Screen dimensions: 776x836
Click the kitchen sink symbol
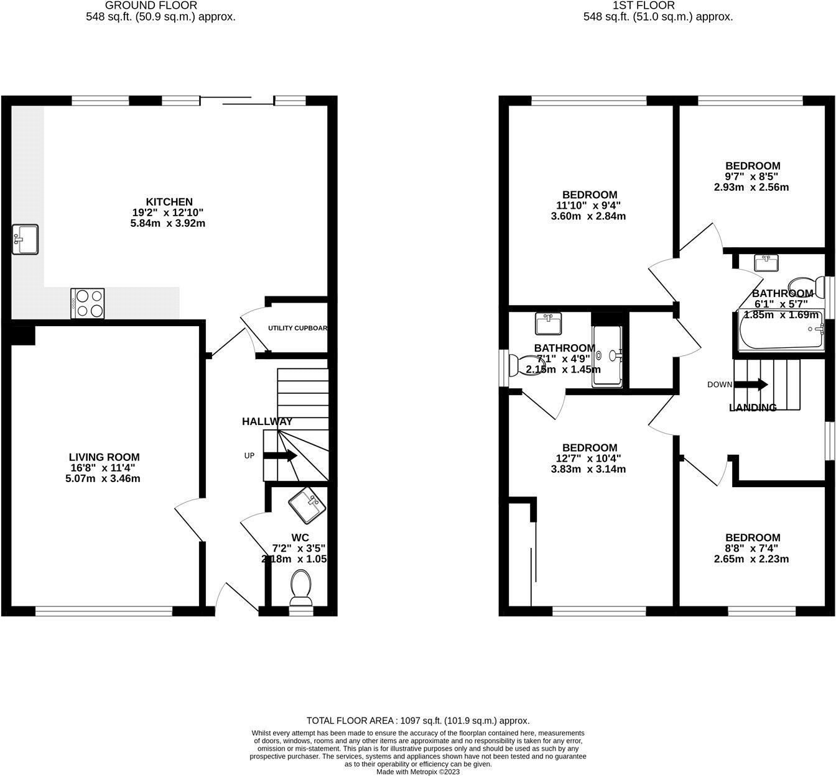pyautogui.click(x=25, y=239)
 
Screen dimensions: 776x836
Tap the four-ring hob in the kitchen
pyautogui.click(x=88, y=304)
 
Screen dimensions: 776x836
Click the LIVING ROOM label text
pyautogui.click(x=104, y=457)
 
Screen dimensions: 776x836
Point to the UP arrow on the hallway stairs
pyautogui.click(x=280, y=456)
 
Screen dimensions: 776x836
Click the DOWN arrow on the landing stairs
pyautogui.click(x=753, y=385)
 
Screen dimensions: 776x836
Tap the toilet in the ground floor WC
pyautogui.click(x=301, y=588)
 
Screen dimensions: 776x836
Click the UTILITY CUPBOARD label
pyautogui.click(x=297, y=328)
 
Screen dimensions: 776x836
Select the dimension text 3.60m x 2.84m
pyautogui.click(x=588, y=216)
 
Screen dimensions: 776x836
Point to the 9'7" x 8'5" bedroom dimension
pyautogui.click(x=753, y=176)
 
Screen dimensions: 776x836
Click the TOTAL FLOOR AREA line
pyautogui.click(x=418, y=721)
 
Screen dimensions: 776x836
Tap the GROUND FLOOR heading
pyautogui.click(x=160, y=6)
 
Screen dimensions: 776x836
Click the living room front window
pyautogui.click(x=104, y=612)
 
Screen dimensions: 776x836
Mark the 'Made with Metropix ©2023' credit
pyautogui.click(x=418, y=772)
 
